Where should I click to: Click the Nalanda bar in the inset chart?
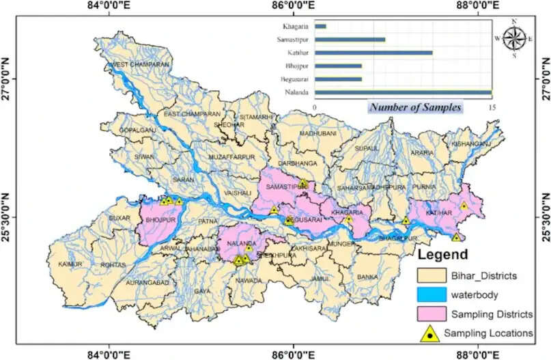coord(403,92)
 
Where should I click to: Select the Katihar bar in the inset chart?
coord(373,53)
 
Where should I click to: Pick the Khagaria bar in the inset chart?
coord(320,27)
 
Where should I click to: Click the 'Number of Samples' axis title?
coord(415,107)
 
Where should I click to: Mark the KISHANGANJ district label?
coord(470,144)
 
